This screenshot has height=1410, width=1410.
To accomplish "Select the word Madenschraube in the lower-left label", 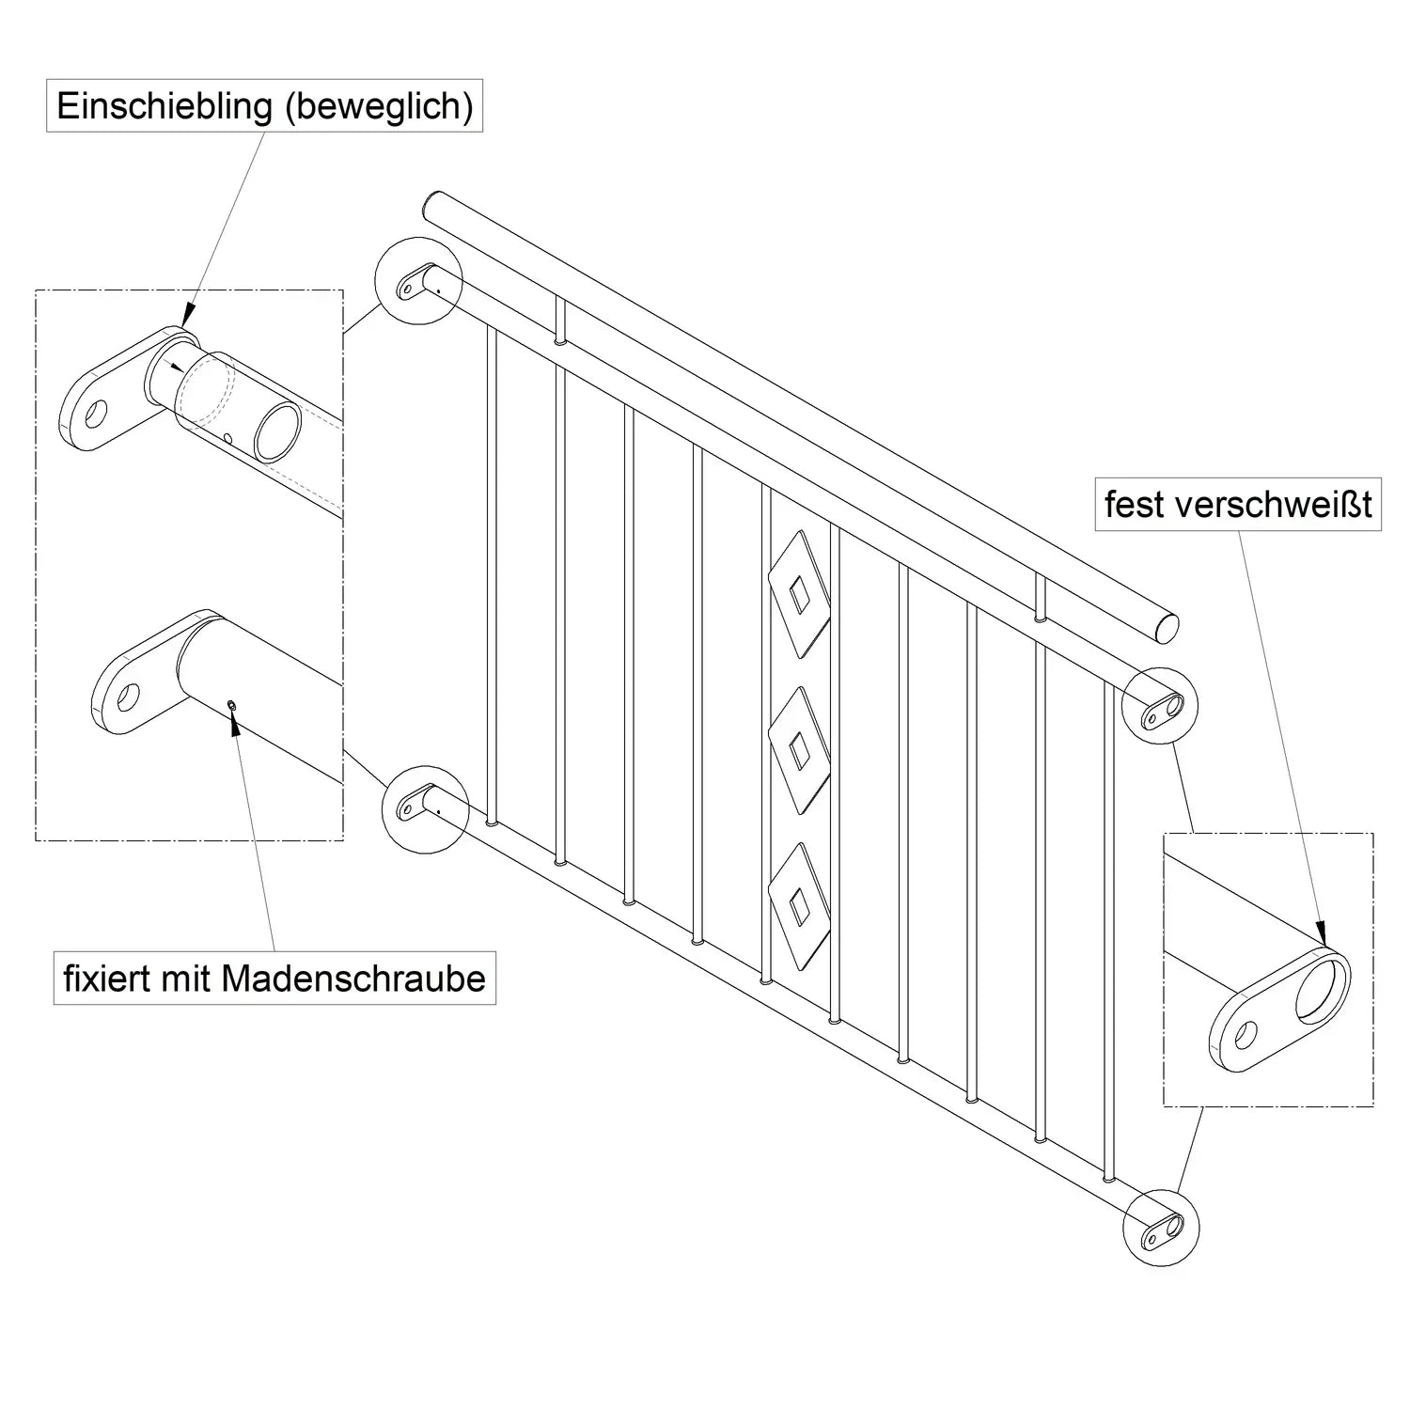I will (x=353, y=979).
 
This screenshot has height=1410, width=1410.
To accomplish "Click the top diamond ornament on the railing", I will (x=799, y=594).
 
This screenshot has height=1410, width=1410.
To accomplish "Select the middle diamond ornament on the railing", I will (x=799, y=749).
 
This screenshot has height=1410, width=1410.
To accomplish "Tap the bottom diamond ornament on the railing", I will (x=799, y=903).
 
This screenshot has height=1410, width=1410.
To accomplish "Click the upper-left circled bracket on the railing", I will (x=417, y=278).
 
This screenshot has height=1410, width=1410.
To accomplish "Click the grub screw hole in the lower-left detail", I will (x=231, y=705).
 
